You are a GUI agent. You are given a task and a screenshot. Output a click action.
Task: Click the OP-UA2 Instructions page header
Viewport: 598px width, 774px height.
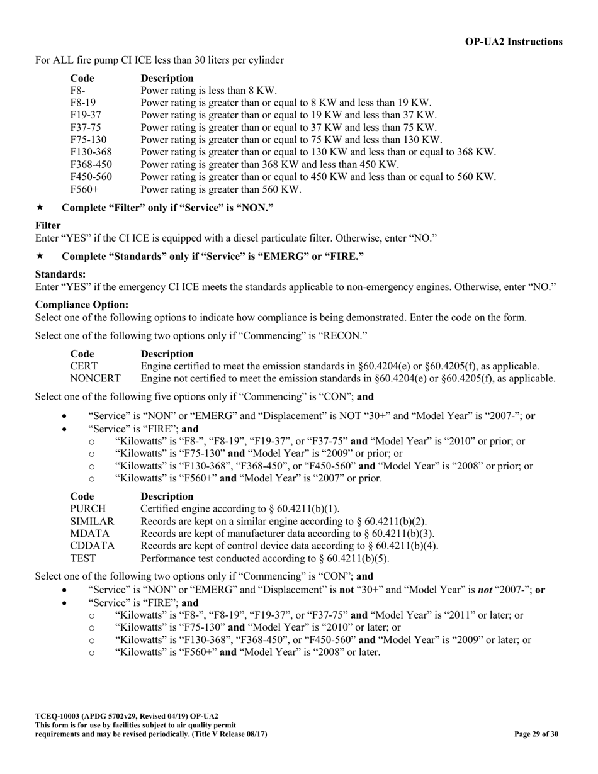514,42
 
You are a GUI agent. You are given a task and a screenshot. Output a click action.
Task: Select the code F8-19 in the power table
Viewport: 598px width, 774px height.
83,103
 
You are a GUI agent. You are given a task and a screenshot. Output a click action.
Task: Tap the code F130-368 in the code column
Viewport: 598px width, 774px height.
91,152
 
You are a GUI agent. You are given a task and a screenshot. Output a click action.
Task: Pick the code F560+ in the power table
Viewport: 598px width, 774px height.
84,189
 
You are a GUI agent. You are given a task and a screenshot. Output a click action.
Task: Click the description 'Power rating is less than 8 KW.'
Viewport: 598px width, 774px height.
208,91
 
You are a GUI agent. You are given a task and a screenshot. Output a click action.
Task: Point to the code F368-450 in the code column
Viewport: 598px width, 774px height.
91,165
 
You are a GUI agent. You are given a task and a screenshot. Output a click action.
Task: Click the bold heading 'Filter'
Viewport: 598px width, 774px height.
48,225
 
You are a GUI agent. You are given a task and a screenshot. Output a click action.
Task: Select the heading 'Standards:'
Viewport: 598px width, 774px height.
60,274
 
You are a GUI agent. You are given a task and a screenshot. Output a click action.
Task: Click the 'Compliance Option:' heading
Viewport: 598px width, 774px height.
82,305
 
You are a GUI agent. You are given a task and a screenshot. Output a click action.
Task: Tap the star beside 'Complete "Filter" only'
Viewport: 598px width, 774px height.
40,207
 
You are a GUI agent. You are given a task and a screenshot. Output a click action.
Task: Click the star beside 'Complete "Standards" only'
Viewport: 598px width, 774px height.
40,256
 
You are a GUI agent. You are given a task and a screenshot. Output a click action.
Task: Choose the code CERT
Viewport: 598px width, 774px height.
84,366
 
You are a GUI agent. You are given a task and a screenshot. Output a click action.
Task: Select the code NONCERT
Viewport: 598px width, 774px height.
95,379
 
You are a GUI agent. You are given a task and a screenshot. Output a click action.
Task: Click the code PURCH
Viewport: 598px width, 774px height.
88,509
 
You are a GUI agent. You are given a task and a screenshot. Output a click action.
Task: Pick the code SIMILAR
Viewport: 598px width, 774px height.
92,522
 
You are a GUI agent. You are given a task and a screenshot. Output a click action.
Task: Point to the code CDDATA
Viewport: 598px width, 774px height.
93,546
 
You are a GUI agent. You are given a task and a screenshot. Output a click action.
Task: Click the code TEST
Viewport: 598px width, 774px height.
83,559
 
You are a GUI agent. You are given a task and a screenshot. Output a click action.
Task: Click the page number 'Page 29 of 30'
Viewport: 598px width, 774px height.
536,734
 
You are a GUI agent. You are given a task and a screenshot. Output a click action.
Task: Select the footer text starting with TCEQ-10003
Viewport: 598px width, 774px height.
127,716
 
